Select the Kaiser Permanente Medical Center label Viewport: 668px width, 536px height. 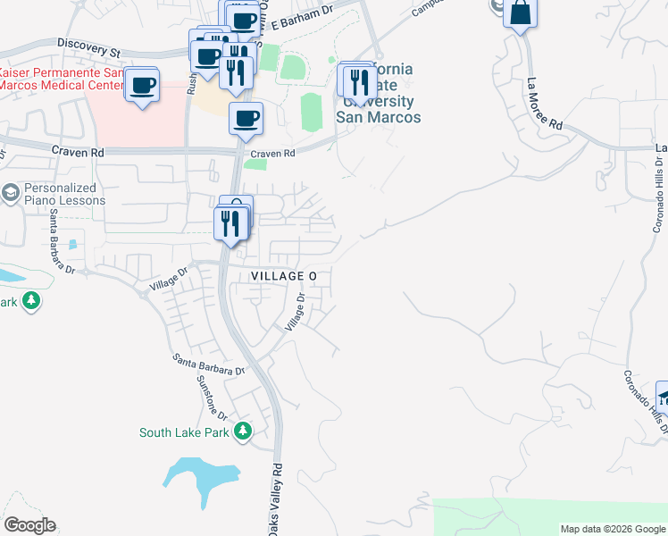60,79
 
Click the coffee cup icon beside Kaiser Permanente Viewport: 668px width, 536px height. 143,86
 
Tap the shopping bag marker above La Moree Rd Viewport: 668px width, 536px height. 521,13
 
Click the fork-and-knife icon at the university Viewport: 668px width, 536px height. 359,81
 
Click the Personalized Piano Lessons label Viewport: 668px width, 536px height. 60,194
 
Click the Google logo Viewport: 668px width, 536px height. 29,525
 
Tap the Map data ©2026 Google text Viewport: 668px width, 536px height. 613,529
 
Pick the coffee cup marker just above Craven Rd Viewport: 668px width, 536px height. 246,118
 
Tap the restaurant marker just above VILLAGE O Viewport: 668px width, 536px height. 230,223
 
